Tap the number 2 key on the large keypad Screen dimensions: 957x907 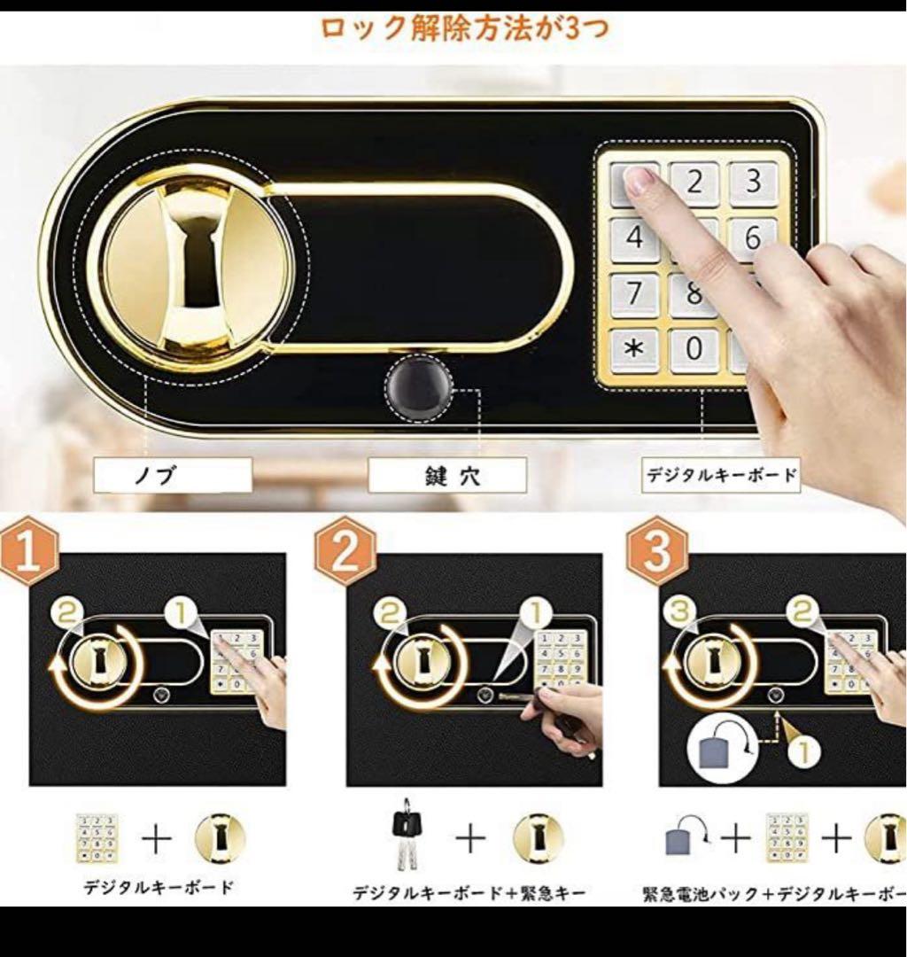pyautogui.click(x=694, y=183)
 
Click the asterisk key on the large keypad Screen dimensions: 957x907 pyautogui.click(x=634, y=348)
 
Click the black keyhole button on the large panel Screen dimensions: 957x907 pyautogui.click(x=418, y=391)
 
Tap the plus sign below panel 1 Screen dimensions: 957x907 pyautogui.click(x=156, y=838)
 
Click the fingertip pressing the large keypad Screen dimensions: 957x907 pyautogui.click(x=640, y=180)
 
